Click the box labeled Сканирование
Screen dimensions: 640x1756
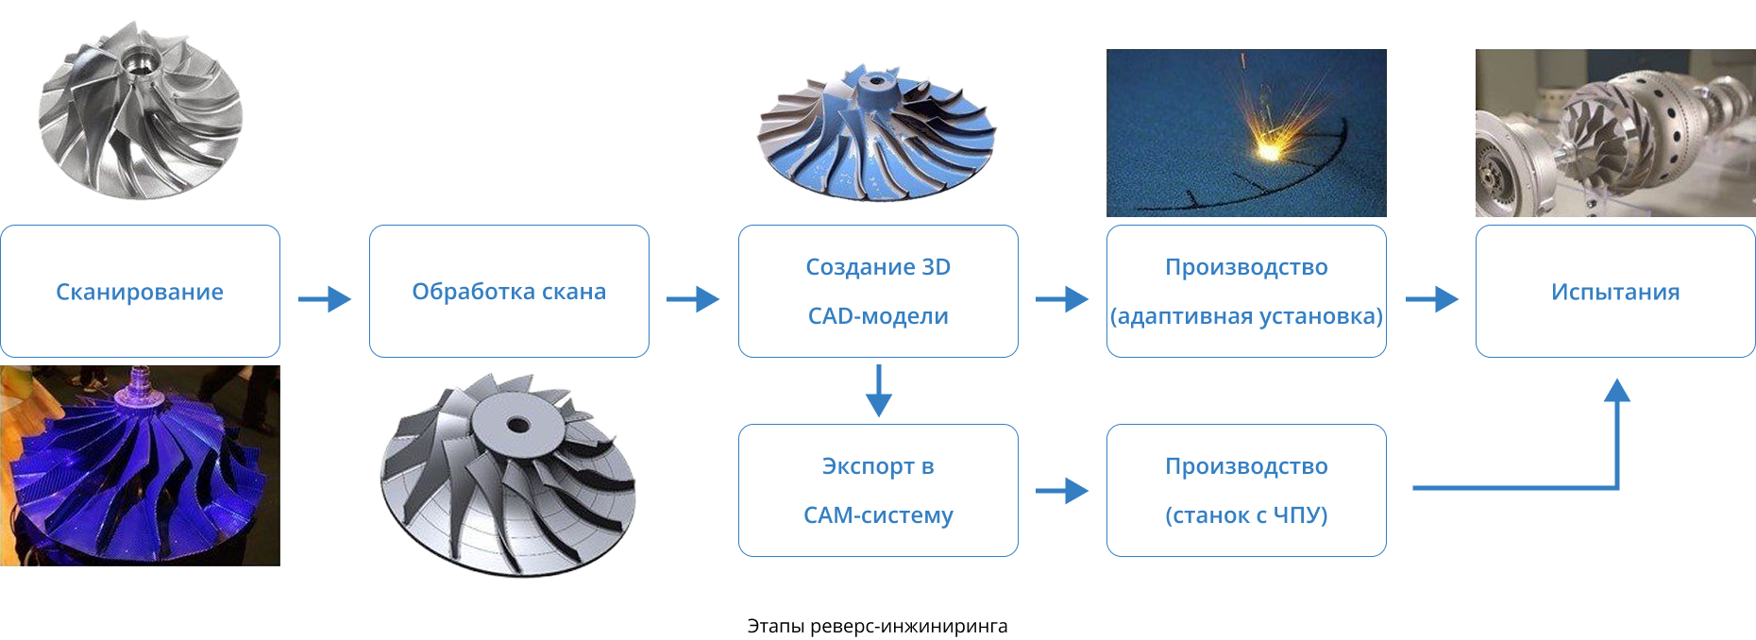(x=140, y=291)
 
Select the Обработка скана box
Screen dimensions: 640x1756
(x=509, y=291)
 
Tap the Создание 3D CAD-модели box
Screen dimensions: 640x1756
(x=878, y=291)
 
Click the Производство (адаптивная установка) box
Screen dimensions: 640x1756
(x=1246, y=291)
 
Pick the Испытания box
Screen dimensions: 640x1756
(x=1615, y=291)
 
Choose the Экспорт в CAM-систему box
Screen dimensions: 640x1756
(x=878, y=490)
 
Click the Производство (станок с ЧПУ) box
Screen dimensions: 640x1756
(x=1246, y=490)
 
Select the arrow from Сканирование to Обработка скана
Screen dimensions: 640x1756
(x=325, y=299)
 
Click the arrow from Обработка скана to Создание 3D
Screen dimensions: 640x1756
(x=693, y=299)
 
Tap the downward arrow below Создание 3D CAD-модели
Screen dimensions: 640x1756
(x=878, y=391)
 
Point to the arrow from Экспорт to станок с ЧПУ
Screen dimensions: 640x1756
(x=1062, y=491)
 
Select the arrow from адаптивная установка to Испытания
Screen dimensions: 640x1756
(x=1431, y=299)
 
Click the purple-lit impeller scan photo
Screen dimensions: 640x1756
(x=140, y=465)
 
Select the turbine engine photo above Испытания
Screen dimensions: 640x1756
(x=1615, y=133)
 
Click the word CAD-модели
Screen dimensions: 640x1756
(x=878, y=316)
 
